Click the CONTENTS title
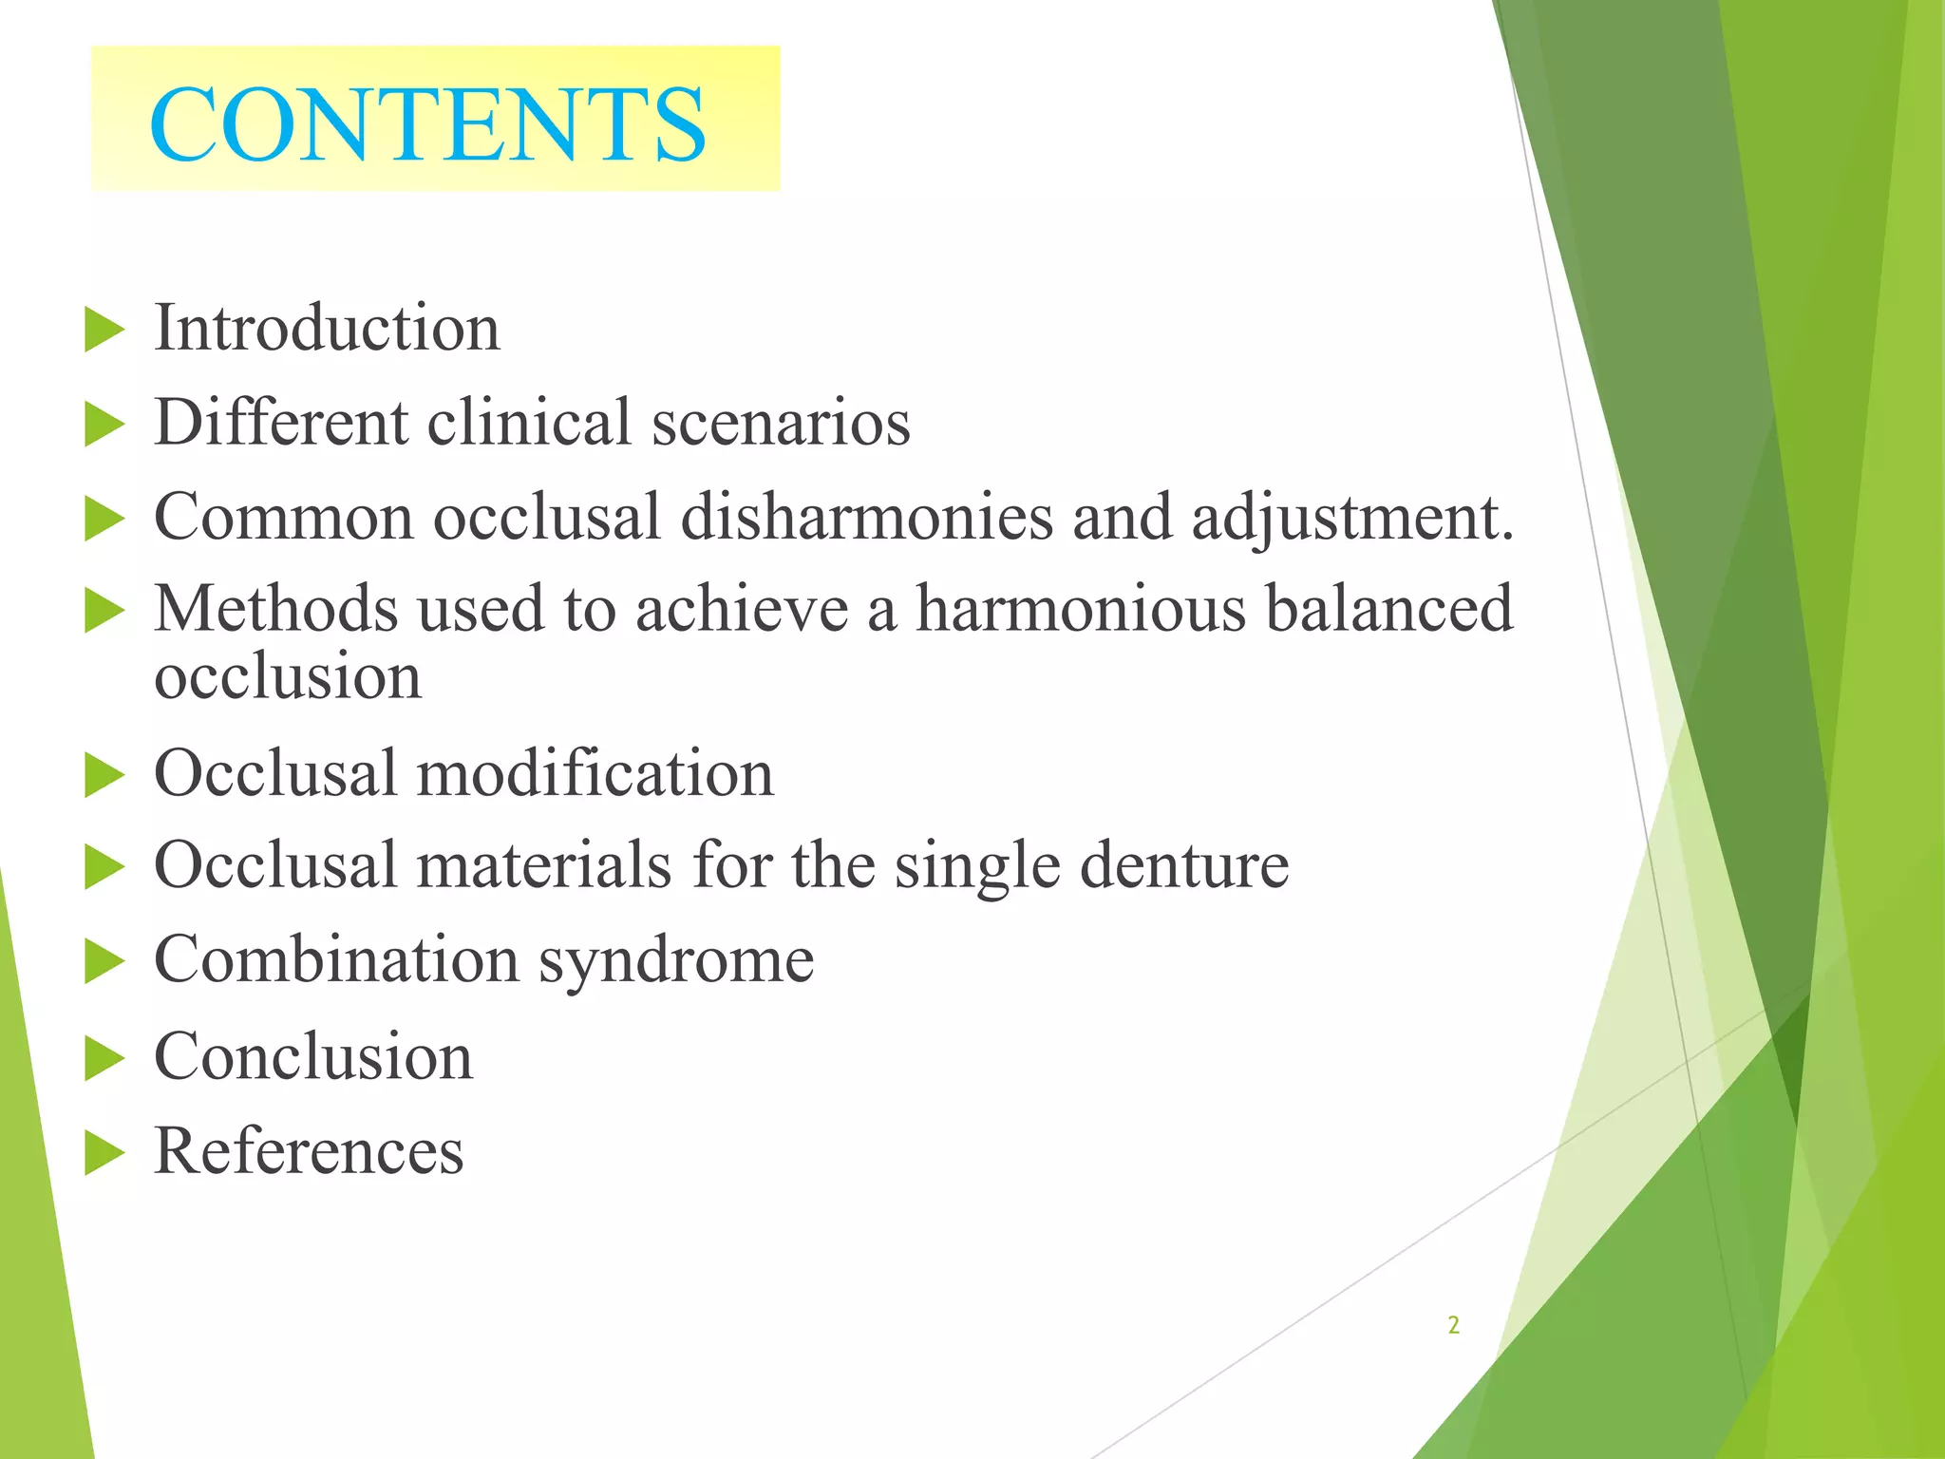pos(427,124)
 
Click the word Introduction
pos(327,328)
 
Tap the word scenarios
pos(781,422)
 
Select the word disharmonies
pos(867,518)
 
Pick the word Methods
pos(275,609)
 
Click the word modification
pos(595,772)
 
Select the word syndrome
pos(676,960)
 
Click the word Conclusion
pos(313,1056)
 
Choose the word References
pos(309,1151)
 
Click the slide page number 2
pos(1453,1325)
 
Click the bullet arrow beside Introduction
pos(104,330)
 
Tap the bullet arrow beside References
pos(104,1153)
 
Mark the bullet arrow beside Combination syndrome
pos(104,962)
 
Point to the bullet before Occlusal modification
pos(104,774)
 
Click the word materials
pos(544,865)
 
